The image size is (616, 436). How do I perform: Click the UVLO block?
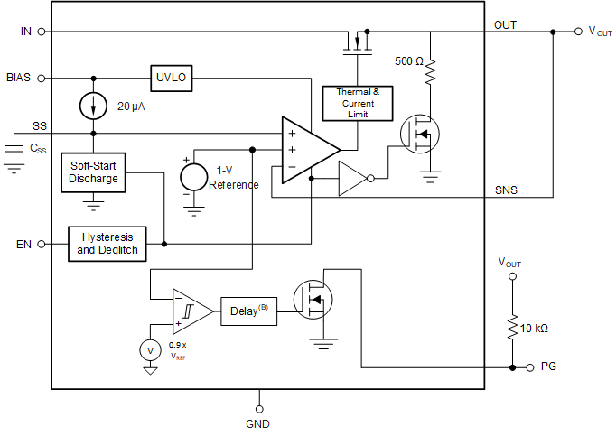click(x=173, y=77)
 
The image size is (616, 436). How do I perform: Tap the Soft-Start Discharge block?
click(x=94, y=172)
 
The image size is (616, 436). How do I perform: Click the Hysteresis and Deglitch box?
click(x=107, y=244)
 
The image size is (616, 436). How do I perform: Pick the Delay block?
click(x=247, y=311)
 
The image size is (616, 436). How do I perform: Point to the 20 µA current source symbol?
click(x=94, y=107)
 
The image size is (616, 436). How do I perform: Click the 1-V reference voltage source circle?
click(x=193, y=177)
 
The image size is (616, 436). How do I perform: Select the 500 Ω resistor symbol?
click(x=430, y=70)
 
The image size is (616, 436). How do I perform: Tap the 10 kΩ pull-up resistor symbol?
click(x=512, y=326)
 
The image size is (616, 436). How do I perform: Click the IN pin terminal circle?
click(x=42, y=31)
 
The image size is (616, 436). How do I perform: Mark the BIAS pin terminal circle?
click(x=42, y=78)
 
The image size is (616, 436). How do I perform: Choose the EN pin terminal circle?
click(x=42, y=244)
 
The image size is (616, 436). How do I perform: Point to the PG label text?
click(x=548, y=367)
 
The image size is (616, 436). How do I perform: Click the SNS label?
click(x=506, y=190)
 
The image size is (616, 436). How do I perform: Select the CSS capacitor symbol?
click(x=13, y=153)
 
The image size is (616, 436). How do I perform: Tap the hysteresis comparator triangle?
click(x=190, y=311)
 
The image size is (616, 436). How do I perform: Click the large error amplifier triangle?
click(x=305, y=150)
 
